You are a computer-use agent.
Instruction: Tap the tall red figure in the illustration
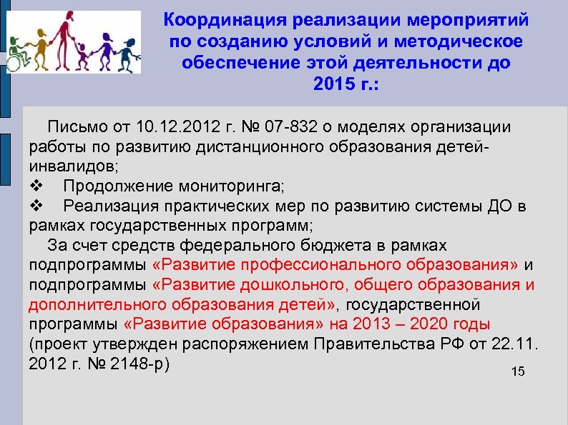pyautogui.click(x=64, y=36)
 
